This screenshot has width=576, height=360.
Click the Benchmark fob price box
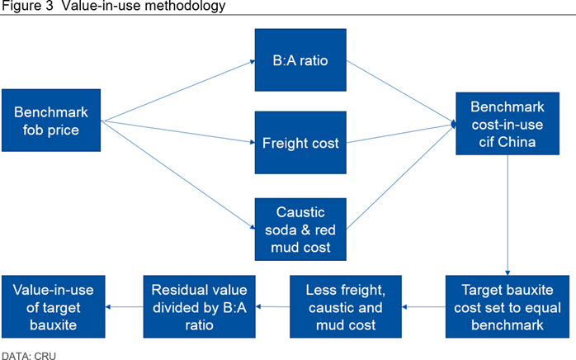51,121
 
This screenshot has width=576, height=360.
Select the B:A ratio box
300,60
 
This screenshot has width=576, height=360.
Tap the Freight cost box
300,143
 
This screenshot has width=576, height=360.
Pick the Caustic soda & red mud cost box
300,230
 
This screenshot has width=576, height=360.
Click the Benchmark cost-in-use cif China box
508,124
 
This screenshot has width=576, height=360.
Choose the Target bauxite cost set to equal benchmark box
508,306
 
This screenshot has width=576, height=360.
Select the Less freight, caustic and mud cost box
346,306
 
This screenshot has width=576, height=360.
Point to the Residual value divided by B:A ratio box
199,306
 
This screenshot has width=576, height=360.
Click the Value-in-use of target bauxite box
54,306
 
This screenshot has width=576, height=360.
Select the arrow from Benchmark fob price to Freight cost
177,131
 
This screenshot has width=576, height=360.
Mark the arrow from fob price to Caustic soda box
177,175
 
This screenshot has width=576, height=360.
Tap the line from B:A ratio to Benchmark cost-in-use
401,92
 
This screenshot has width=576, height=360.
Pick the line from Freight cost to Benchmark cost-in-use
401,134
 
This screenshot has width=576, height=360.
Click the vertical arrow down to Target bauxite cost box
508,216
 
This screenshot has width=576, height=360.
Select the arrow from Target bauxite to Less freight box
423,306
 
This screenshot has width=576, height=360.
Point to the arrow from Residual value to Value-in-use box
124,306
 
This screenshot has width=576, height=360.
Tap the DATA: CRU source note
29,356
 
